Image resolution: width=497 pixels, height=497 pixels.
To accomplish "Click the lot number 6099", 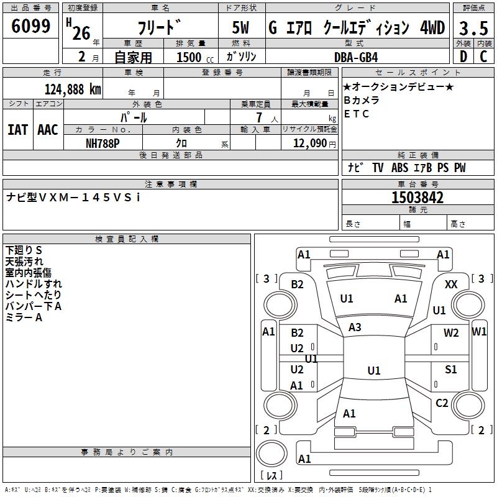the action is tap(30, 25).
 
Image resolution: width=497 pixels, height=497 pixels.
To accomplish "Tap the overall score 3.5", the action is tap(473, 28).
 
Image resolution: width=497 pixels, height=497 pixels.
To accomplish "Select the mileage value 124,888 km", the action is tap(73, 89).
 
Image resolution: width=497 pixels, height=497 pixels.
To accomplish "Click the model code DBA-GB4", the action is tap(356, 57).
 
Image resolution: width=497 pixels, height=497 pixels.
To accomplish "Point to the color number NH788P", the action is tap(103, 144).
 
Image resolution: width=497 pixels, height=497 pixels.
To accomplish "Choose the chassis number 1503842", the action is tap(417, 198).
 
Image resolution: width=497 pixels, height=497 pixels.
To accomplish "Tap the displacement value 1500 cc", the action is tap(195, 57).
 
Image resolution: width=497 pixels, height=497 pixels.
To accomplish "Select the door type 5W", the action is tap(240, 27).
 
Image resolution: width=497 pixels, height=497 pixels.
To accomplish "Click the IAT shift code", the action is tap(17, 130).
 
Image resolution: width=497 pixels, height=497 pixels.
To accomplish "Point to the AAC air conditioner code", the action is tap(48, 130).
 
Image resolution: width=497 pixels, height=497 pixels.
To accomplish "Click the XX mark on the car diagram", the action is tap(451, 285).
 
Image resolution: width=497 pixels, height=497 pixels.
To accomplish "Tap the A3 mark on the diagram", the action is tap(355, 327).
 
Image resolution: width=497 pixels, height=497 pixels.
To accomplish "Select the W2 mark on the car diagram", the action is tap(451, 333).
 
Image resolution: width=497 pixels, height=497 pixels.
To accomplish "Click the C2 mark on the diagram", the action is tap(442, 403).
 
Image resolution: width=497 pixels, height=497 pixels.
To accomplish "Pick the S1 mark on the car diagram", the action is tap(450, 369).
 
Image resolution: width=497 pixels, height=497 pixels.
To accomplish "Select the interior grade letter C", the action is tap(483, 57).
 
